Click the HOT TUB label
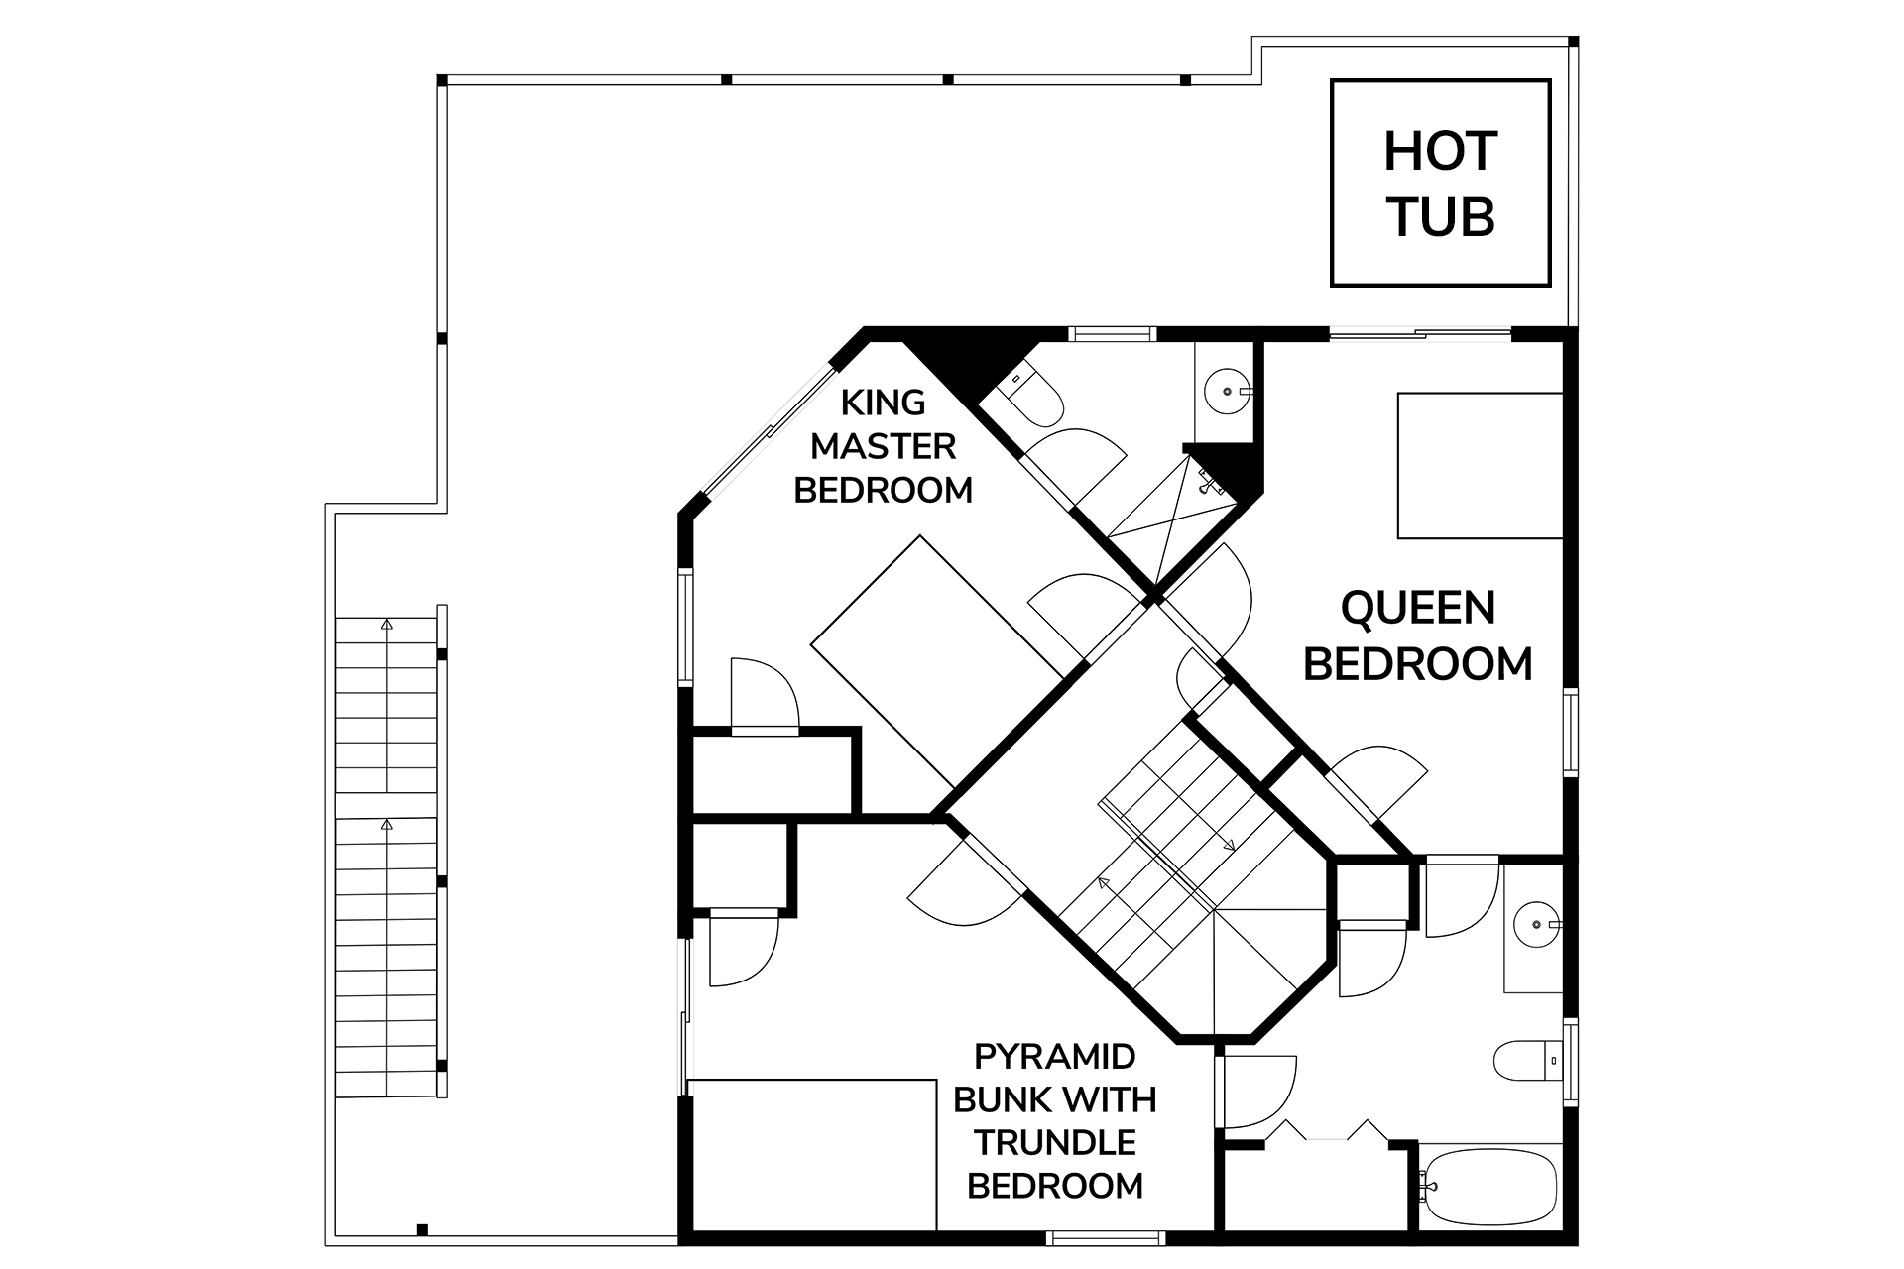click(1440, 184)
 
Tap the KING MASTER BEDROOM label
click(883, 447)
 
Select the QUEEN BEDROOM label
click(1418, 635)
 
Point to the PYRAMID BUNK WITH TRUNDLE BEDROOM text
click(1055, 1121)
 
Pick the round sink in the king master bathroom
click(1229, 391)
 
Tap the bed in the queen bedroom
click(1481, 465)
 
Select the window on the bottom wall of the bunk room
click(1105, 1236)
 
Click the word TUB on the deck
click(1441, 217)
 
